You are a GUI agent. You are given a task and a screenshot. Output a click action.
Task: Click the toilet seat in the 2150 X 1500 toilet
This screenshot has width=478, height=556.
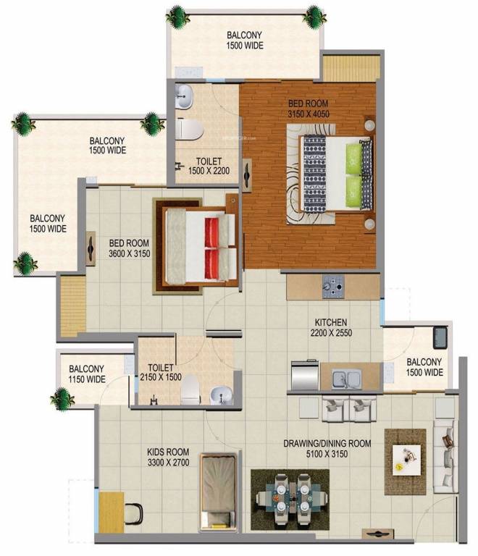click(x=190, y=389)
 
